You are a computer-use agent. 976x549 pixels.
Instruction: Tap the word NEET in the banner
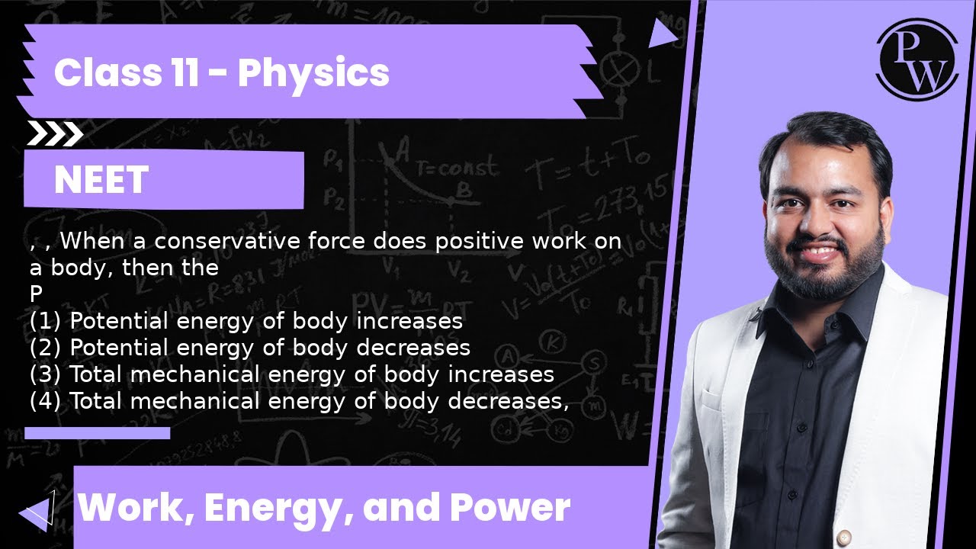tap(101, 181)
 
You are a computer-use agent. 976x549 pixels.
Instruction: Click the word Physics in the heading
tap(313, 73)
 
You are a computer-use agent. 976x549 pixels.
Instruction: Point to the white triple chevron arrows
tap(55, 134)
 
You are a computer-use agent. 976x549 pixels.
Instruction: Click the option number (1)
tap(47, 321)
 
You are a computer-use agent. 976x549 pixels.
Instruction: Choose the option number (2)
tap(47, 348)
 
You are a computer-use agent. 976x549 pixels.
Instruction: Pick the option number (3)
tap(47, 374)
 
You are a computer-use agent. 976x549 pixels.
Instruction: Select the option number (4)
tap(47, 401)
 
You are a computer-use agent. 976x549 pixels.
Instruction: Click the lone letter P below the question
tap(36, 294)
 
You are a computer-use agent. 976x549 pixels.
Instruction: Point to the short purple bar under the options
tap(97, 433)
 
